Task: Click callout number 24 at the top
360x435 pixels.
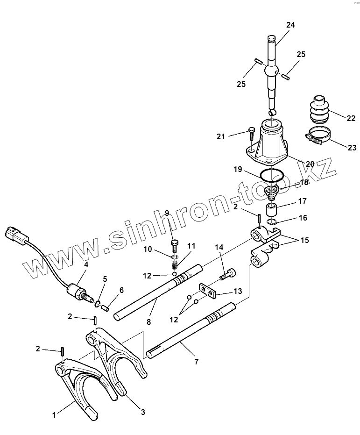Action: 290,25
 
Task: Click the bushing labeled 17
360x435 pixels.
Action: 272,207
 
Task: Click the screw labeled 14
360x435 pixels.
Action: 228,273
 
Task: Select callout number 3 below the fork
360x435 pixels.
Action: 143,412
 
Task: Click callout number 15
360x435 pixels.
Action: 304,241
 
